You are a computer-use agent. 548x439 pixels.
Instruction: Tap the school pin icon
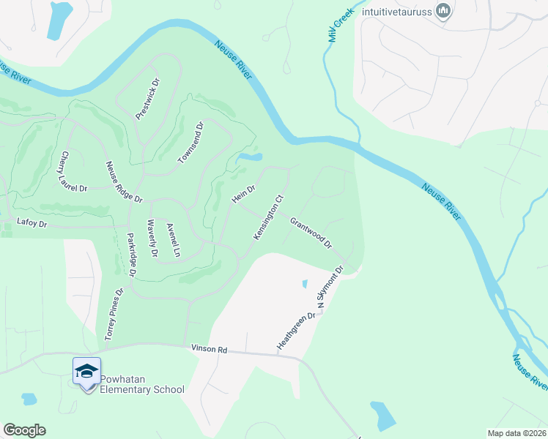coord(86,372)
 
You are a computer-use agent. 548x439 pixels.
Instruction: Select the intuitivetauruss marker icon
coord(443,11)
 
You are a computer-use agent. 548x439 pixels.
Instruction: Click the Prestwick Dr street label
coord(148,98)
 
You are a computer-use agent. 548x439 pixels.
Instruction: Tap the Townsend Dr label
coord(190,143)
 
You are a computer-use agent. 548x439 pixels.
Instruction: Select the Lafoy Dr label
coord(32,222)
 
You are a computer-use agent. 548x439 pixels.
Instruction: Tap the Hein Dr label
coord(243,195)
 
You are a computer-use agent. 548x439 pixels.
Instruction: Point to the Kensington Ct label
coord(268,217)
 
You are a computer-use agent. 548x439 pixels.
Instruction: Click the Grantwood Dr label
coord(311,232)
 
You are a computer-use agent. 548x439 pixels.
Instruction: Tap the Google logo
coord(24,430)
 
